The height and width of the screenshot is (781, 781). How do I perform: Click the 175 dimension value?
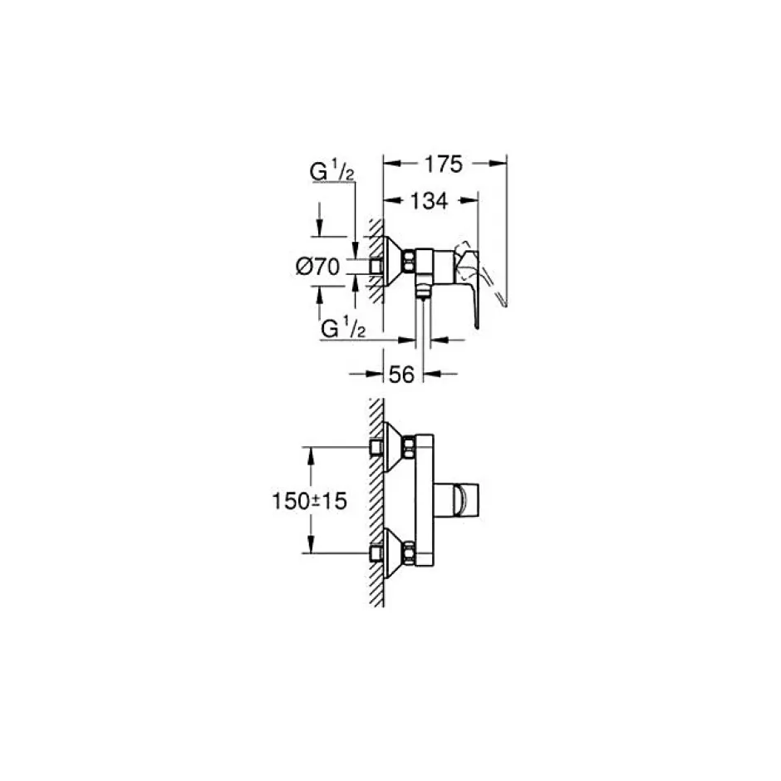(444, 164)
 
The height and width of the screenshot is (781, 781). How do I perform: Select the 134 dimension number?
(429, 201)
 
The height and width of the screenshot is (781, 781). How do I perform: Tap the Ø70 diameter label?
(317, 267)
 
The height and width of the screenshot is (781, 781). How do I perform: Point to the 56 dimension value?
(401, 375)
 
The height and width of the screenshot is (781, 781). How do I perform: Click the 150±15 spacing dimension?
(309, 501)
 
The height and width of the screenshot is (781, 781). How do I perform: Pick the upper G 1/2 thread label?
(332, 172)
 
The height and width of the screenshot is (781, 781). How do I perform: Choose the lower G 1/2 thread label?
(344, 329)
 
